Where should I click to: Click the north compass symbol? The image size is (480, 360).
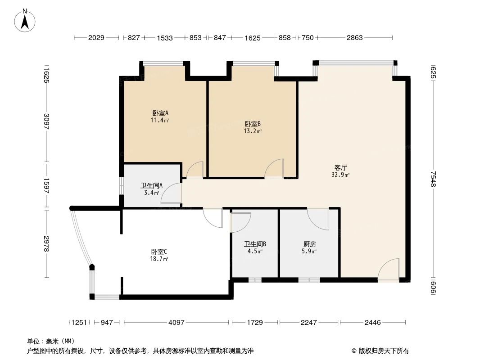tap(26, 21)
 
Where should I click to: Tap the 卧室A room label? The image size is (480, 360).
tap(160, 113)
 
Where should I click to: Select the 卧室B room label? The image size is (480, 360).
tap(253, 124)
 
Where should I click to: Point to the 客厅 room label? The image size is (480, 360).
tap(340, 167)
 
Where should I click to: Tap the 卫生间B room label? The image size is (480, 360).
tap(255, 244)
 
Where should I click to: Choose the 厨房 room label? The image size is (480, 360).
tap(310, 244)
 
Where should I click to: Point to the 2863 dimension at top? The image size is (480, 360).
tap(354, 38)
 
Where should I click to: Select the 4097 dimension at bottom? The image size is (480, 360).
tap(177, 322)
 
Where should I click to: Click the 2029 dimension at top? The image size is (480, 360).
tap(96, 38)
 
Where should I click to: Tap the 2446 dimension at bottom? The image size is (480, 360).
tap(372, 322)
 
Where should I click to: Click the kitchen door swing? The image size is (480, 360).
tap(318, 219)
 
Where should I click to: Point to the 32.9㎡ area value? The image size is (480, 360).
tap(340, 175)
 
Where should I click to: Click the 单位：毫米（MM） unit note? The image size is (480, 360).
tap(50, 341)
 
